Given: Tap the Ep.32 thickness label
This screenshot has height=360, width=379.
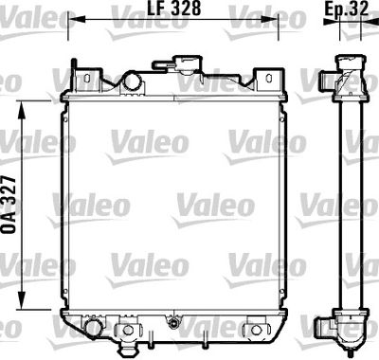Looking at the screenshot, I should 346,9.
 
